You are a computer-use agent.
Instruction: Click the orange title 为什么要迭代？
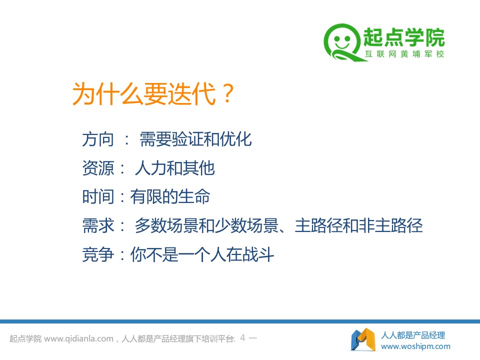pos(153,93)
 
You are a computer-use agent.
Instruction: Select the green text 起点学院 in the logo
pos(404,37)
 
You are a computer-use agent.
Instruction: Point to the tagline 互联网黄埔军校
pos(404,54)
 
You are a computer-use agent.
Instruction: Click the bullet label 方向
pos(98,139)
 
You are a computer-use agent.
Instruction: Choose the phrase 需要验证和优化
pos(195,139)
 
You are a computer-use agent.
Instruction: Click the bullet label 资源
pos(98,168)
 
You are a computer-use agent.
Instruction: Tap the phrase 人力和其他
pos(175,168)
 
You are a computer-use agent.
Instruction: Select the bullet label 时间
pos(98,196)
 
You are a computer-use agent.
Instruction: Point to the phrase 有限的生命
pos(170,196)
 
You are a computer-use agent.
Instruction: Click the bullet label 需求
pos(98,225)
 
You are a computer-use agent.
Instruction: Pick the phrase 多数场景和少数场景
pos(206,225)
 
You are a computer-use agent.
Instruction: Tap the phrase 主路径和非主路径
pos(358,225)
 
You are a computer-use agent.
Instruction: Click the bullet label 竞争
pos(98,254)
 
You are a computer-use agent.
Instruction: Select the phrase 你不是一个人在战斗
pos(202,254)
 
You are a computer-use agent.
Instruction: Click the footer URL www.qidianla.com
pos(78,339)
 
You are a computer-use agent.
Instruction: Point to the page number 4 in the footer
pos(243,338)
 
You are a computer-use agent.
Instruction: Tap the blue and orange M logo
pos(363,339)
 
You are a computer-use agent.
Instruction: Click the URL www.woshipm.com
pos(415,346)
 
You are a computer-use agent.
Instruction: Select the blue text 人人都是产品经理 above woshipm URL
pos(413,335)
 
